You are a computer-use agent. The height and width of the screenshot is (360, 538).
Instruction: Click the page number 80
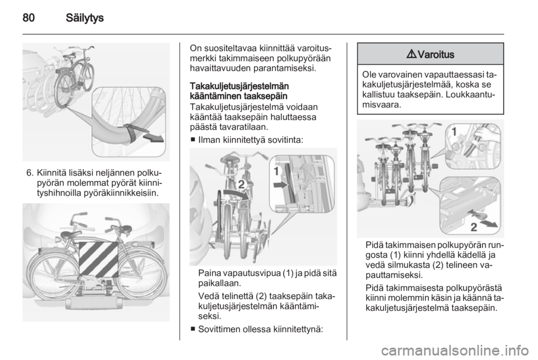(29, 17)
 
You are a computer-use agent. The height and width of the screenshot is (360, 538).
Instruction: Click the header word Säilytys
(85, 18)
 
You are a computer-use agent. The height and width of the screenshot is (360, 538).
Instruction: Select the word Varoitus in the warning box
(436, 54)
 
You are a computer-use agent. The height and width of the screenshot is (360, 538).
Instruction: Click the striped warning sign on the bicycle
(99, 261)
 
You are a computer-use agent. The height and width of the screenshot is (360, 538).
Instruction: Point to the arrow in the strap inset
(154, 137)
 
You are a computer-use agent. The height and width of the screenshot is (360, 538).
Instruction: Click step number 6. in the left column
(30, 172)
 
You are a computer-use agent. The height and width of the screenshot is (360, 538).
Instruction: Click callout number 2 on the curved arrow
(241, 184)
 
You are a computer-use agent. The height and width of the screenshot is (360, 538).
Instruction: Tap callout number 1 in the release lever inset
(276, 170)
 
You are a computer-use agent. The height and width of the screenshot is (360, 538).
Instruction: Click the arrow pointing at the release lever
(280, 185)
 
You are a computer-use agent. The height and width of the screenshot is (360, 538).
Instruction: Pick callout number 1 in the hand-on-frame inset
(453, 132)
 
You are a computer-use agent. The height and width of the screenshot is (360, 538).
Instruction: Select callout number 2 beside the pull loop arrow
(474, 227)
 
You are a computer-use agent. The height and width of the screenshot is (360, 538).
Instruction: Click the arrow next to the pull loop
(489, 223)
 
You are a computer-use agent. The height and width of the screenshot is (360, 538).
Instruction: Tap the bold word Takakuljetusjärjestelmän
(239, 86)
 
